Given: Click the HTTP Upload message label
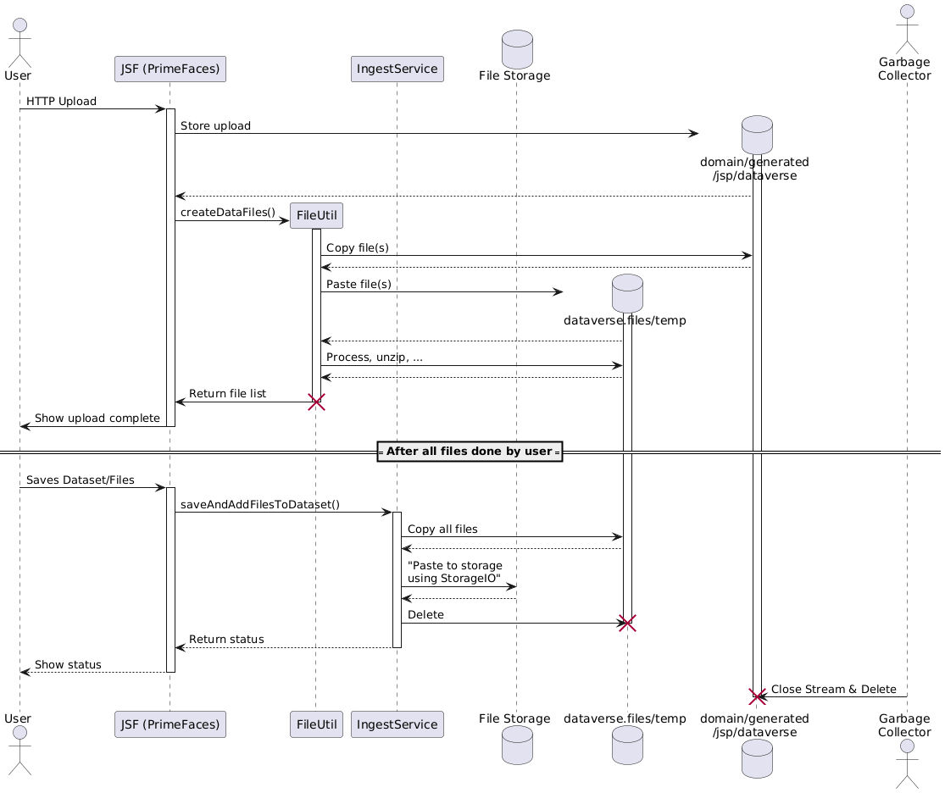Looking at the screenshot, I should [x=61, y=102].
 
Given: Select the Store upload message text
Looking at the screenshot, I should [x=215, y=126].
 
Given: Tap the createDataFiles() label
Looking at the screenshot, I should [x=228, y=213].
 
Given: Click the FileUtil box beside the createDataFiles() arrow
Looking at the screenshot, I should [x=316, y=216].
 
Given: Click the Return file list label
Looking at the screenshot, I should [x=227, y=394].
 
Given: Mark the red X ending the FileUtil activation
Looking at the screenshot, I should [x=316, y=402].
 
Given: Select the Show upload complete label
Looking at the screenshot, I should [x=97, y=419].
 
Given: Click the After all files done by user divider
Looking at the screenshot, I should [x=469, y=452].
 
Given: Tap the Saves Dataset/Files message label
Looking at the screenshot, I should [x=80, y=480].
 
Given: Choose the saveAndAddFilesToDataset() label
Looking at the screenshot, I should [x=260, y=505].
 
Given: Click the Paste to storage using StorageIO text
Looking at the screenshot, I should [x=455, y=572].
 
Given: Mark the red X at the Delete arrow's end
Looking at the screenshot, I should [x=628, y=624].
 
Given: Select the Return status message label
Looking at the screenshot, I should [x=226, y=639].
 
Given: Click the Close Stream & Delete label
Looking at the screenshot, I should [x=834, y=690].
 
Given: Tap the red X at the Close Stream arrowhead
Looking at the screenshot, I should [x=757, y=697].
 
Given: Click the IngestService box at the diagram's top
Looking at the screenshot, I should [x=397, y=69].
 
